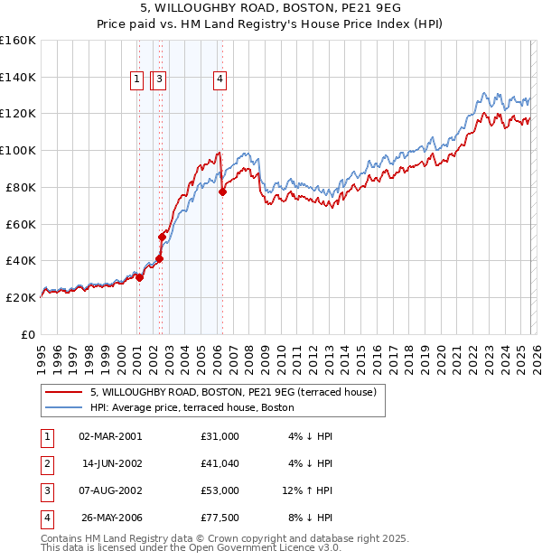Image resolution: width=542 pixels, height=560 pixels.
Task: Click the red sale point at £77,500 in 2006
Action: pos(222,191)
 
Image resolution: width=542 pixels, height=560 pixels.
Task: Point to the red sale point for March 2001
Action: pos(139,277)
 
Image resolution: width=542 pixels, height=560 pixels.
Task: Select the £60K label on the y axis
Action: pos(21,224)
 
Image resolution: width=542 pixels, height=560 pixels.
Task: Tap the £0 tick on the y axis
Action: pos(27,334)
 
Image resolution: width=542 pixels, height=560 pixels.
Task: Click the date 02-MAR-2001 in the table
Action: pos(110,436)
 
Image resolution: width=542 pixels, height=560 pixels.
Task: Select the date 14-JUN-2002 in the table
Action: pos(111,463)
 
